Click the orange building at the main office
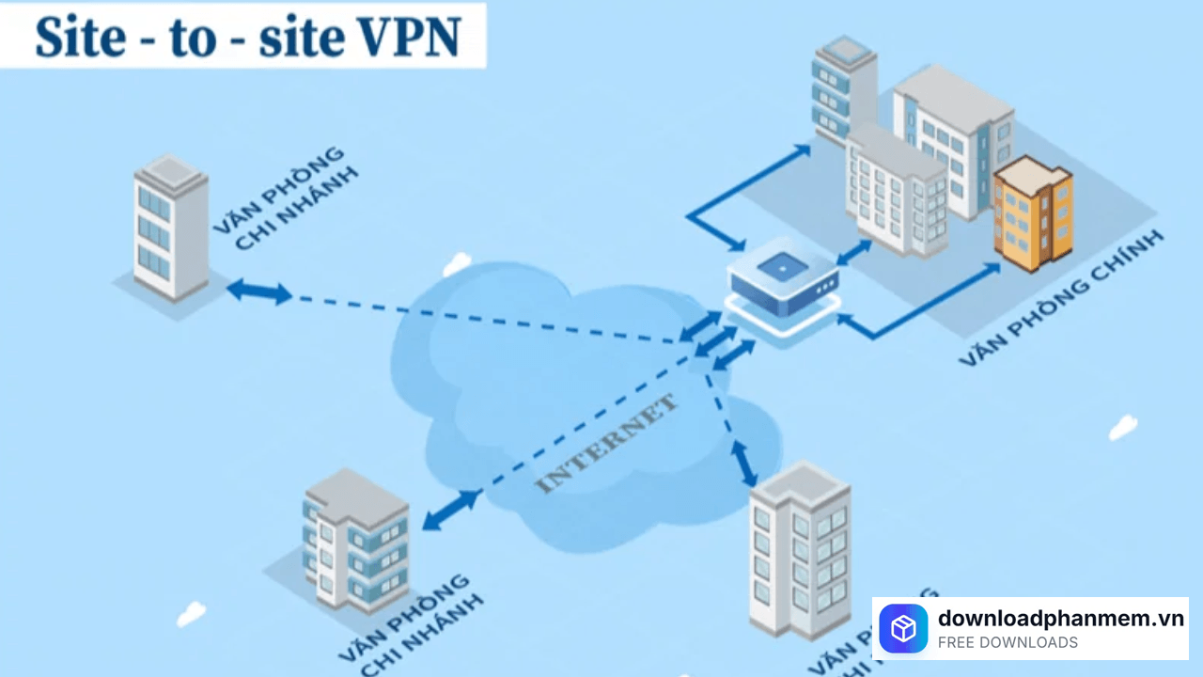(1034, 214)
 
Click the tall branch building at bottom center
(799, 550)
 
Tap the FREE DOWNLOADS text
(1008, 643)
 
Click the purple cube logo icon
(903, 628)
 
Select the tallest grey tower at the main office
(843, 89)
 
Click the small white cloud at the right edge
(1123, 427)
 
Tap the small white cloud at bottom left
(191, 613)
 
